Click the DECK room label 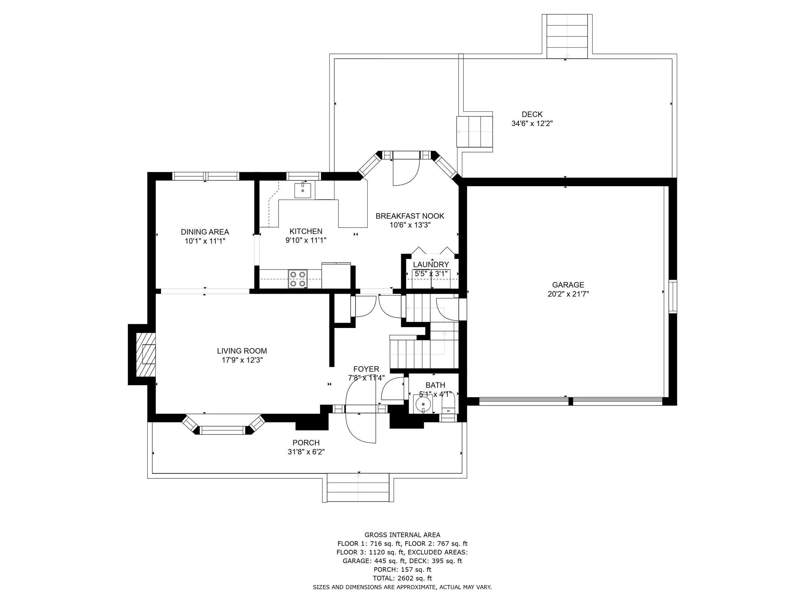click(532, 114)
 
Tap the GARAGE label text click(568, 285)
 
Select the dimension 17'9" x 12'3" click(242, 360)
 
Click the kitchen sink click(302, 190)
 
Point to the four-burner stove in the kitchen click(298, 279)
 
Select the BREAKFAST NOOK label click(410, 216)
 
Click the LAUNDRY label click(431, 264)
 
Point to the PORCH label click(306, 442)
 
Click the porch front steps click(358, 487)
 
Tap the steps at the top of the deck click(567, 36)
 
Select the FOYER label click(366, 369)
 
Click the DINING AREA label click(205, 232)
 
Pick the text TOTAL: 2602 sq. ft click(402, 578)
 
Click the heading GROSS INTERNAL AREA click(402, 534)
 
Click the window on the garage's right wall click(673, 296)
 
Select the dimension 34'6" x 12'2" click(532, 123)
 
